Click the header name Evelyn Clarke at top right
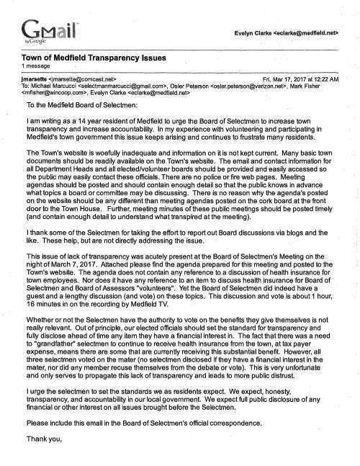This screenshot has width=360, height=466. point(270,32)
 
